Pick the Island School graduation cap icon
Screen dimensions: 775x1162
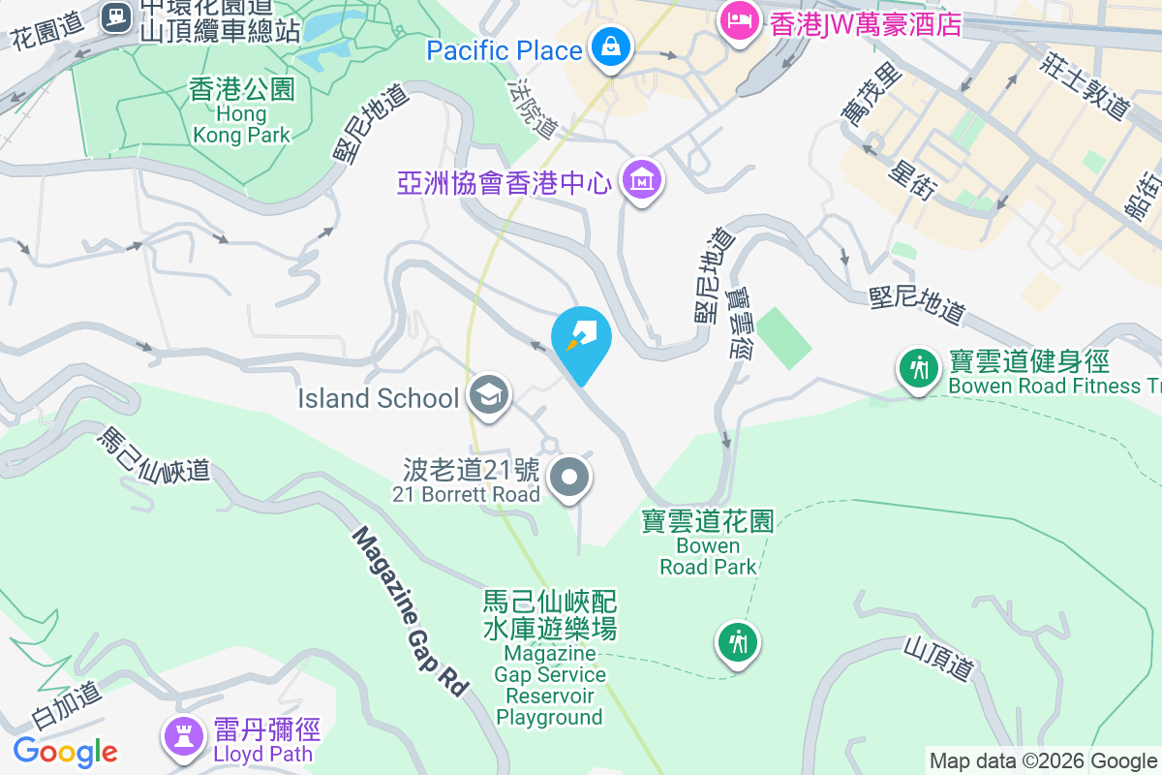(489, 395)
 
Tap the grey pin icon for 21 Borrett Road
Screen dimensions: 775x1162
(570, 478)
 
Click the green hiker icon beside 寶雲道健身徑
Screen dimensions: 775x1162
(916, 368)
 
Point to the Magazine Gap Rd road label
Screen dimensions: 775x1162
(411, 610)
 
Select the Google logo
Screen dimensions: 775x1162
(65, 751)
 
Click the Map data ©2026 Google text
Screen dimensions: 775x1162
(1043, 760)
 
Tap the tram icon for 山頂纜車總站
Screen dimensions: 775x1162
(117, 15)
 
